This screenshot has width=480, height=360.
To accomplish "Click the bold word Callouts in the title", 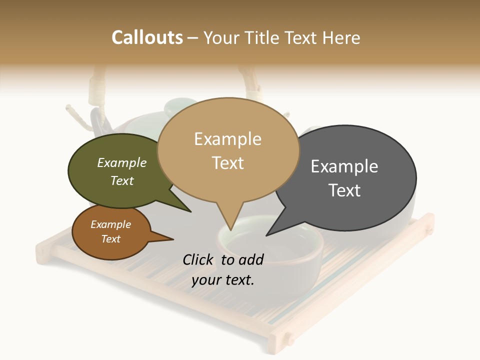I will [x=147, y=37].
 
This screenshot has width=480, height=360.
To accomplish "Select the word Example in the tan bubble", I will [x=227, y=139].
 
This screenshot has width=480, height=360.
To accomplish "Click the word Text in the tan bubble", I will [x=227, y=162].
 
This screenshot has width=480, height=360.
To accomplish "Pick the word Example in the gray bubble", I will [x=344, y=166].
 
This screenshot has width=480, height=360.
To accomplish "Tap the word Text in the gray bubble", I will [x=344, y=190].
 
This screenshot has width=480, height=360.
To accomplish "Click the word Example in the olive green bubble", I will [x=122, y=162].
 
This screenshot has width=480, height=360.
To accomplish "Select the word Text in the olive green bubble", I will [x=122, y=180].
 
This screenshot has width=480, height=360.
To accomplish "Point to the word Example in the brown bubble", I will [x=111, y=224].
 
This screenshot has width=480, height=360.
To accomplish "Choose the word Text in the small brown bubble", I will [x=111, y=239].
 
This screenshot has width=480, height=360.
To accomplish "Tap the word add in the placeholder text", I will [x=251, y=259].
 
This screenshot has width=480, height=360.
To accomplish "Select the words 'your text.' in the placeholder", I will [x=223, y=280].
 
